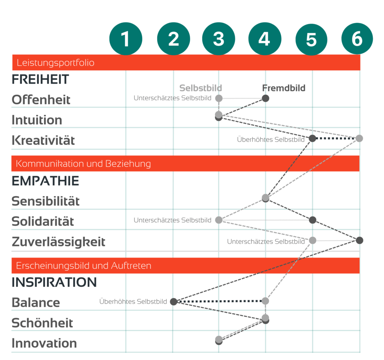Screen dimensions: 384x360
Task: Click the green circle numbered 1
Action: click(126, 39)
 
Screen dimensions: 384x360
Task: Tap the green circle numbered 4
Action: click(265, 39)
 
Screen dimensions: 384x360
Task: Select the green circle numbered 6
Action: click(357, 39)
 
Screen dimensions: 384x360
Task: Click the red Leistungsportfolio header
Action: click(186, 63)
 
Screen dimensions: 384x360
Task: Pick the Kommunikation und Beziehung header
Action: click(185, 163)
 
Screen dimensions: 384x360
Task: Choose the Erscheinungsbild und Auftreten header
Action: click(186, 265)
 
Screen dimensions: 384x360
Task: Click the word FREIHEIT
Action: click(40, 79)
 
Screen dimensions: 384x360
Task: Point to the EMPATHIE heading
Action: click(45, 181)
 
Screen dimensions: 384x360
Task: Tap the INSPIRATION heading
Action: click(54, 282)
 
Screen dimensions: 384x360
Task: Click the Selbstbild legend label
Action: click(201, 88)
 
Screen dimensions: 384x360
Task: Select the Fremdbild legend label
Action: click(284, 88)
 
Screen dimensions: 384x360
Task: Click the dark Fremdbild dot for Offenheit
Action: click(265, 98)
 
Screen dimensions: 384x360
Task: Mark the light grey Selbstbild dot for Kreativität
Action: click(359, 138)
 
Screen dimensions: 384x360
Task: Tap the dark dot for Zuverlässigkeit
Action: click(360, 240)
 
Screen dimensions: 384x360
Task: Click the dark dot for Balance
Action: click(174, 301)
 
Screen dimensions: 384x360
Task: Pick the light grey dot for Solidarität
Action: click(219, 220)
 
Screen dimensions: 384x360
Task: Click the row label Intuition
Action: click(37, 120)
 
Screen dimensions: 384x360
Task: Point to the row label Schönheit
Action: click(42, 323)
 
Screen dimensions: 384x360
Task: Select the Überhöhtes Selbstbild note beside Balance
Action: click(133, 301)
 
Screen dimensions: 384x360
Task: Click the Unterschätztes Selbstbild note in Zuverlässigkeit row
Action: click(266, 241)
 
